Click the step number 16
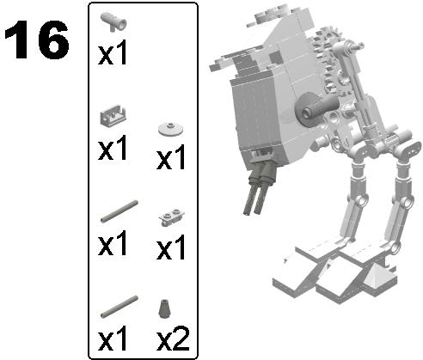coord(36,41)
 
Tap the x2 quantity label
coord(174,339)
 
